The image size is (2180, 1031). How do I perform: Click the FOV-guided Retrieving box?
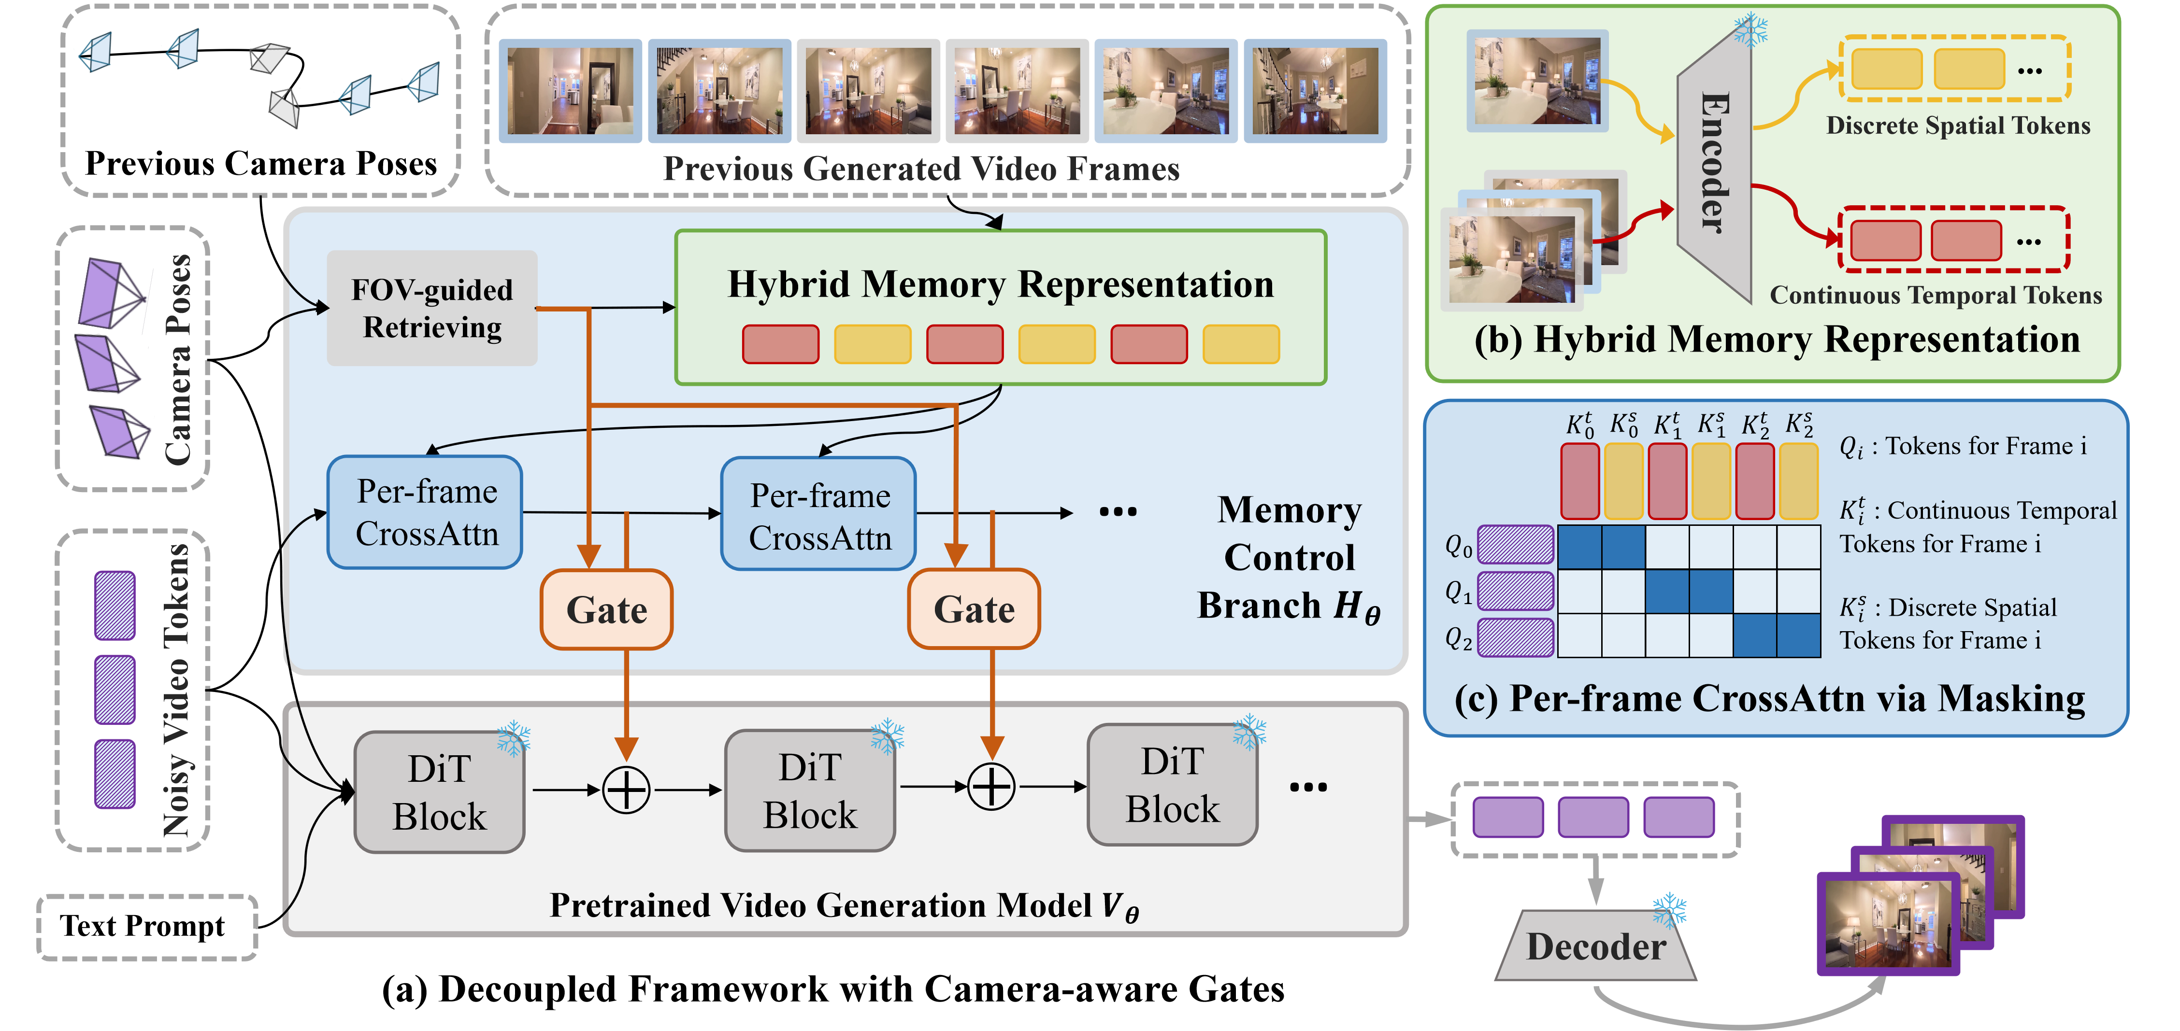tap(431, 308)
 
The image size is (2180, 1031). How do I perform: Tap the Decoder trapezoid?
tap(1596, 946)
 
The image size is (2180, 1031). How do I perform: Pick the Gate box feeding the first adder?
tap(606, 609)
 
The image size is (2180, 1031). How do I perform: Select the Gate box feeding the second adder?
tap(973, 609)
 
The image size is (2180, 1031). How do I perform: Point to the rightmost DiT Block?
tap(1172, 785)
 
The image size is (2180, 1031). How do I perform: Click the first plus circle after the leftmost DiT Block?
tap(626, 790)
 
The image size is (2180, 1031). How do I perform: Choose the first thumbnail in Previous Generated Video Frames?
tap(570, 90)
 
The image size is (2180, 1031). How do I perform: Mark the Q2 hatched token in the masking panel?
tap(1515, 638)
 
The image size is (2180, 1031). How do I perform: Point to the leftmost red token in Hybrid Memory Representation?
tap(780, 344)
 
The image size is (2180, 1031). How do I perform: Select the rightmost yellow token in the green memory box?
tap(1241, 344)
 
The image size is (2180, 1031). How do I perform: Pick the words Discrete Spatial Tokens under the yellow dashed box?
tap(1957, 126)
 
